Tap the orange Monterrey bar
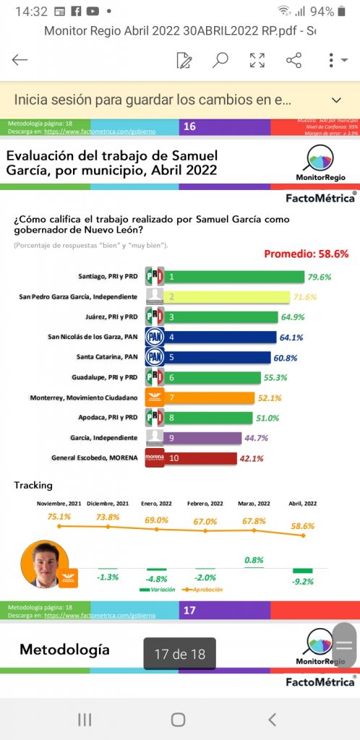210,397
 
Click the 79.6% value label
326,277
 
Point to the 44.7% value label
263,438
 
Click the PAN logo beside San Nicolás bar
155,337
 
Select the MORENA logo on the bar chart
155,458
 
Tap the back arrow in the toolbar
20,60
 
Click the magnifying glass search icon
220,60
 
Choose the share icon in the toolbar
293,60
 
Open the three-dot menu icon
330,60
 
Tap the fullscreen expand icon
257,60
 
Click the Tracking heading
33,485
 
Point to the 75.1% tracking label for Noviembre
59,517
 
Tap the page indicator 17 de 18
179,655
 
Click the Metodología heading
64,650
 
